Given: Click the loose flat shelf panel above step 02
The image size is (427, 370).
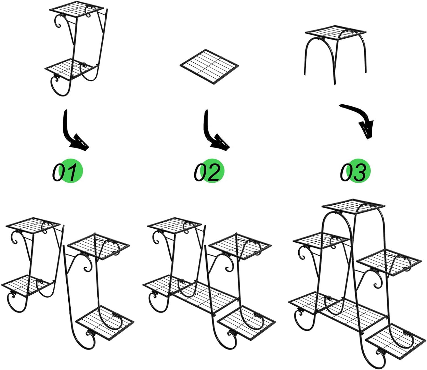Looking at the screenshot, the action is (209, 67).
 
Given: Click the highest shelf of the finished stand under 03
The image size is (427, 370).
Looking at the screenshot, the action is (353, 206).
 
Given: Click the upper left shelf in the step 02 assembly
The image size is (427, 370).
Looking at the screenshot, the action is (175, 226).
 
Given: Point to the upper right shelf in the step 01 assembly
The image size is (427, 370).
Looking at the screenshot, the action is (98, 246).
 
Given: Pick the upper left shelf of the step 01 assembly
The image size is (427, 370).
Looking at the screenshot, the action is (33, 226).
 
